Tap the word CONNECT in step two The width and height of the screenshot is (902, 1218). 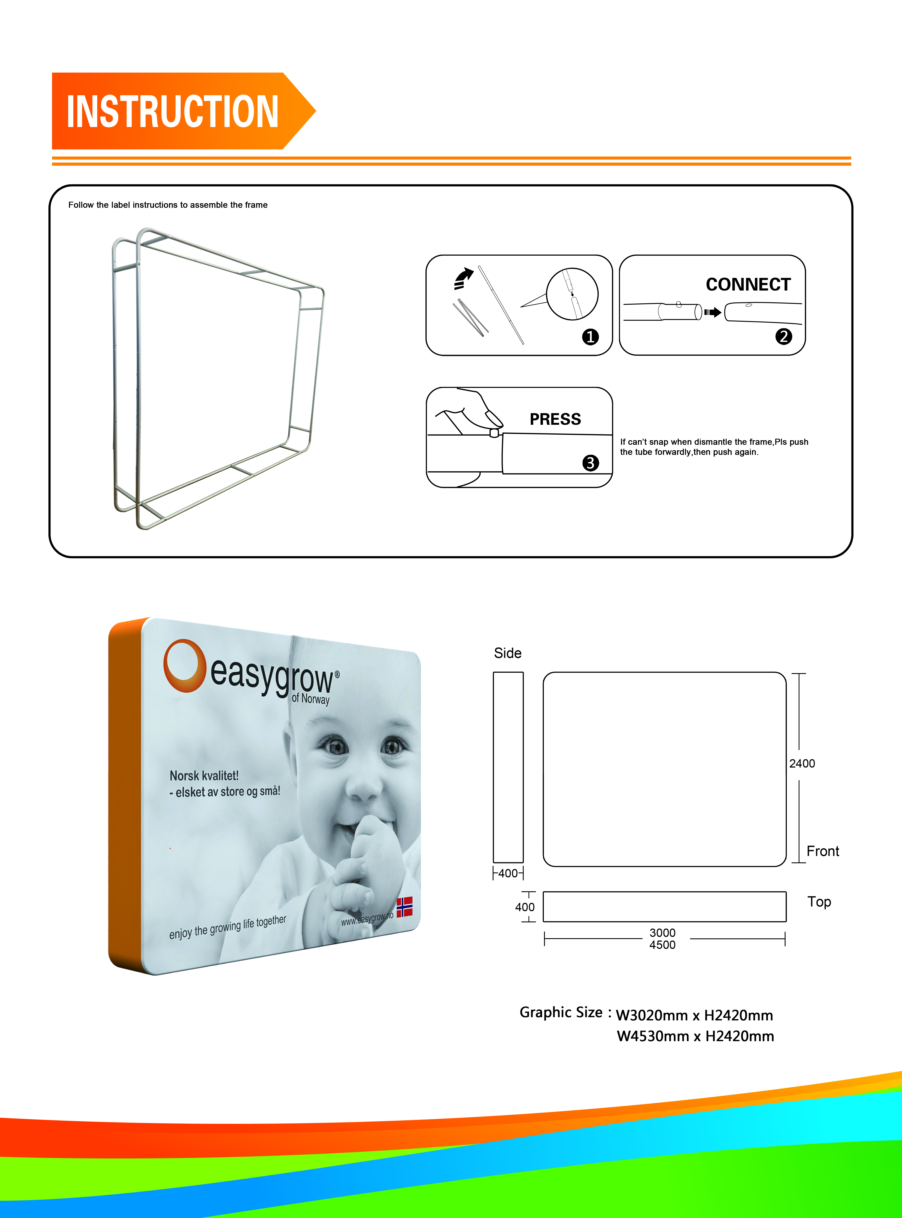pos(748,285)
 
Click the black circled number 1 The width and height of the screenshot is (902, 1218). pos(590,337)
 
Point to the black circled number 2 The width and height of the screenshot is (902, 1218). pos(784,336)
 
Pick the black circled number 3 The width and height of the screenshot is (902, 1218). pos(590,463)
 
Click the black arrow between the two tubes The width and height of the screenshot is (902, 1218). pos(713,312)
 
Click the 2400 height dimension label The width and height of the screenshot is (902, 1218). pos(802,763)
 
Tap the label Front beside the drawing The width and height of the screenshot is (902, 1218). pos(823,851)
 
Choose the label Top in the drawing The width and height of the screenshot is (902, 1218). pos(819,902)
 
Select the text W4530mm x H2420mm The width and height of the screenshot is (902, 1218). pos(695,1036)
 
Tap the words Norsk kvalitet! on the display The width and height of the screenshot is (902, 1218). pos(204,776)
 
